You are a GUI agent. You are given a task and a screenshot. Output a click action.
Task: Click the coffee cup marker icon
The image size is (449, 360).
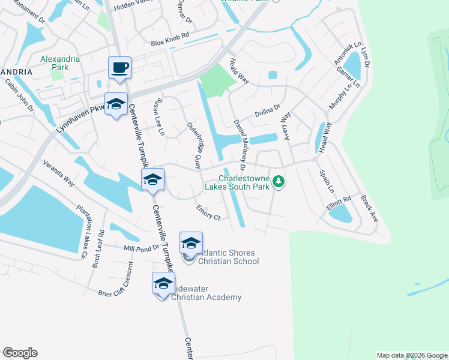119,67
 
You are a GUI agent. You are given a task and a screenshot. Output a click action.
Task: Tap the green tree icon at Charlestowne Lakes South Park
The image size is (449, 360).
278,181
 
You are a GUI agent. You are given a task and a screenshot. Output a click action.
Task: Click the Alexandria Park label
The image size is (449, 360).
55,63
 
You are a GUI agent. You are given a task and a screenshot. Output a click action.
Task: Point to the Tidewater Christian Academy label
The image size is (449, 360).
206,293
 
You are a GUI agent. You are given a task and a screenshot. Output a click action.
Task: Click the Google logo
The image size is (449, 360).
20,353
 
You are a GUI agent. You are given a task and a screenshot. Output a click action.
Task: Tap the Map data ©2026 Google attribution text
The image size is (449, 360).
412,355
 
